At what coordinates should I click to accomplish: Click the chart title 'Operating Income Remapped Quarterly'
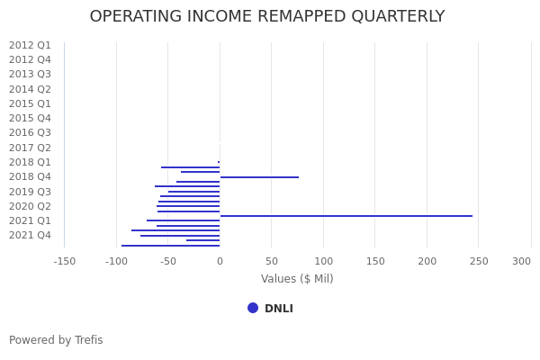[267, 17]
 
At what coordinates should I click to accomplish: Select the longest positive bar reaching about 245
[346, 216]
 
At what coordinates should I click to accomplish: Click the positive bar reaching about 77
[259, 177]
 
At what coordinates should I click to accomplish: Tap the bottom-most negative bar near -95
[170, 246]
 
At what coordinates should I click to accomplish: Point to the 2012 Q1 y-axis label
[30, 45]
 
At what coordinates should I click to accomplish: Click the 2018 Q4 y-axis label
[30, 176]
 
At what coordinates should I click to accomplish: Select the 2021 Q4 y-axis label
[30, 235]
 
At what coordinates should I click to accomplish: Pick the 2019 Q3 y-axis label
[30, 192]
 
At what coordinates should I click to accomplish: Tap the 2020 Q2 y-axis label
[30, 206]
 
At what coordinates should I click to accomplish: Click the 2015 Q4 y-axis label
[30, 118]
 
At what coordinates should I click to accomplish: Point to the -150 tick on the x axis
[64, 261]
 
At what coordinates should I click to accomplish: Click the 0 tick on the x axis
[220, 261]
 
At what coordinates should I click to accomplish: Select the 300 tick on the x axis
[522, 261]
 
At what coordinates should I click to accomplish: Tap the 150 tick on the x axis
[375, 261]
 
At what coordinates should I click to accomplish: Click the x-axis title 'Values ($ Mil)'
[297, 279]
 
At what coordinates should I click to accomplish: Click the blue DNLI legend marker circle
[253, 308]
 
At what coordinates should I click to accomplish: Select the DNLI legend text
[279, 309]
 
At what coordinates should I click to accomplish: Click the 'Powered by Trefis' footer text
[56, 340]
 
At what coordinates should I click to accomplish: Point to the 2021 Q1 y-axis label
[30, 220]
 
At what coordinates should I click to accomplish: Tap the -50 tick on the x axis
[167, 261]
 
